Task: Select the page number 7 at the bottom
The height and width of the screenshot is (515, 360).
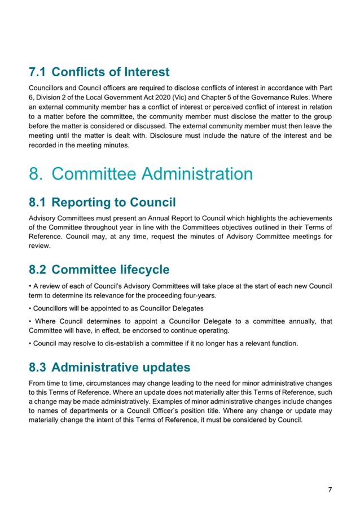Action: pos(330,490)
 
